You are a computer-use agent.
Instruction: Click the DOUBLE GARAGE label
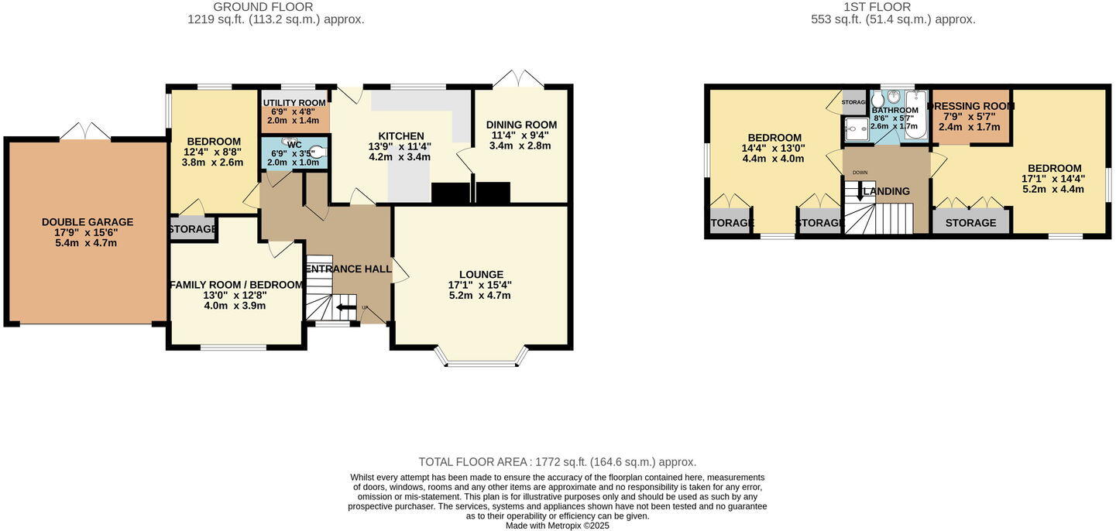(x=88, y=222)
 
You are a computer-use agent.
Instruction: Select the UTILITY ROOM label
(x=294, y=103)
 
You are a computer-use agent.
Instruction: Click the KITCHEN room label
(x=400, y=136)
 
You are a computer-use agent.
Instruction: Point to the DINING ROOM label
(x=521, y=125)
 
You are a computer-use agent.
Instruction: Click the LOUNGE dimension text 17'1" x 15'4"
(x=480, y=285)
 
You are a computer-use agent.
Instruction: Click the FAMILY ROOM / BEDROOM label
(x=235, y=285)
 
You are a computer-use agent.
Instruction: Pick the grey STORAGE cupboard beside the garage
(x=193, y=229)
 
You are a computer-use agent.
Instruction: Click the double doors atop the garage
(x=85, y=132)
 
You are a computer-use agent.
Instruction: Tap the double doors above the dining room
(x=519, y=78)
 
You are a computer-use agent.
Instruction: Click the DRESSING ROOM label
(x=971, y=107)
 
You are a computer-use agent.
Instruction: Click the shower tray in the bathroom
(x=857, y=131)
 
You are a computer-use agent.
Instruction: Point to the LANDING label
(x=887, y=191)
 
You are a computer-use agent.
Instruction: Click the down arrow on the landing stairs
(x=859, y=193)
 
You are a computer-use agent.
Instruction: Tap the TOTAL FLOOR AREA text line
(x=557, y=462)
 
